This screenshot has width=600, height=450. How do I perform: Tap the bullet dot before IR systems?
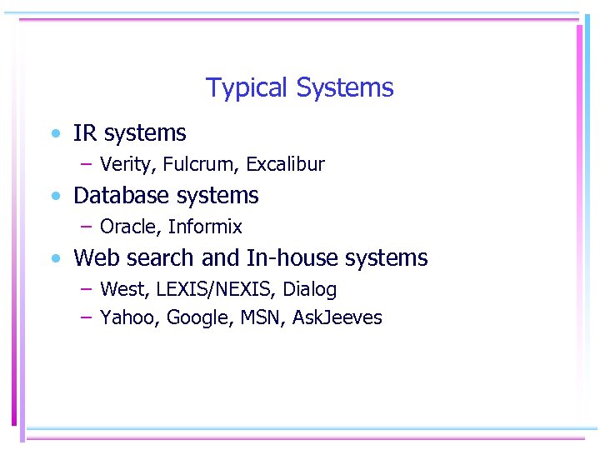[x=55, y=133]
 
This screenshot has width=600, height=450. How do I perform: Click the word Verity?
[x=127, y=164]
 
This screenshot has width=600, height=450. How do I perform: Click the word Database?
[x=120, y=196]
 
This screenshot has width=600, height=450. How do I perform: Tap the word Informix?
[x=205, y=227]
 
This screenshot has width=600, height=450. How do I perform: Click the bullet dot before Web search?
[x=55, y=258]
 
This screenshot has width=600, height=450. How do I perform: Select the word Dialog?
[x=310, y=290]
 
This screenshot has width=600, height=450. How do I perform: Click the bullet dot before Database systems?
[x=55, y=197]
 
